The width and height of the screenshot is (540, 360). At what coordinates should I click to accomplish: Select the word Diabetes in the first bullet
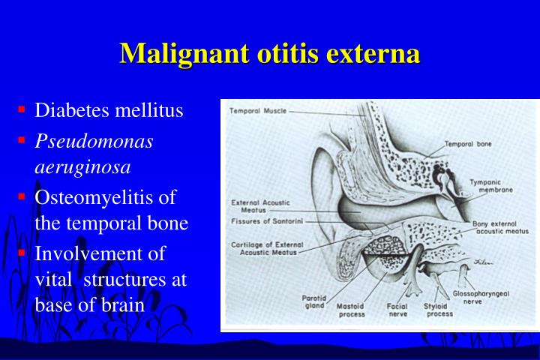coord(73,111)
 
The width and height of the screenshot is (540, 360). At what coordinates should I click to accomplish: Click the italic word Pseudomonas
coord(94,140)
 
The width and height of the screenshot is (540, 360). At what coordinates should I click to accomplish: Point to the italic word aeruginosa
coord(82,166)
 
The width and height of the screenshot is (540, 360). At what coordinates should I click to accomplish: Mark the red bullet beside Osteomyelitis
coord(22,196)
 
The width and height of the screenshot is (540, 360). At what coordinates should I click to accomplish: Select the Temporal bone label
coord(468,144)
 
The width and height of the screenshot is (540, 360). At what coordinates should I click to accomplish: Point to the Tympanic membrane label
coord(491,185)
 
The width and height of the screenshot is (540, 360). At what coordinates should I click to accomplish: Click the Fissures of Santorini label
coord(268,221)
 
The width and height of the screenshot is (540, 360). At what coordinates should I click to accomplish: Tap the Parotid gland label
coord(313,301)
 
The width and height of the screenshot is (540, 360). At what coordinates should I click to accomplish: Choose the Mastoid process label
coord(351,310)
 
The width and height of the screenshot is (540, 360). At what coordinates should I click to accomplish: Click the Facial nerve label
coord(397,310)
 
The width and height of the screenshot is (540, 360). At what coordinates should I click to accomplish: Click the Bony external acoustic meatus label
coord(500,228)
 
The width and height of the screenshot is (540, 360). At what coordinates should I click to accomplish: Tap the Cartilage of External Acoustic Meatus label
coord(267,249)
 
